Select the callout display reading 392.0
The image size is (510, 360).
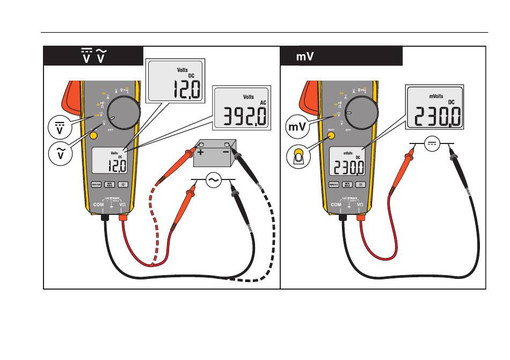click(240, 107)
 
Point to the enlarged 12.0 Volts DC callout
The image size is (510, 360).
click(175, 80)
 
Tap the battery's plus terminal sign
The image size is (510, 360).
click(201, 152)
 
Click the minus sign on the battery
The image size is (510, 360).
click(226, 152)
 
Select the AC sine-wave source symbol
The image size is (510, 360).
click(213, 182)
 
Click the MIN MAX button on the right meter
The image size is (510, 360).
click(347, 184)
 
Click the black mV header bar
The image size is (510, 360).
click(341, 56)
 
